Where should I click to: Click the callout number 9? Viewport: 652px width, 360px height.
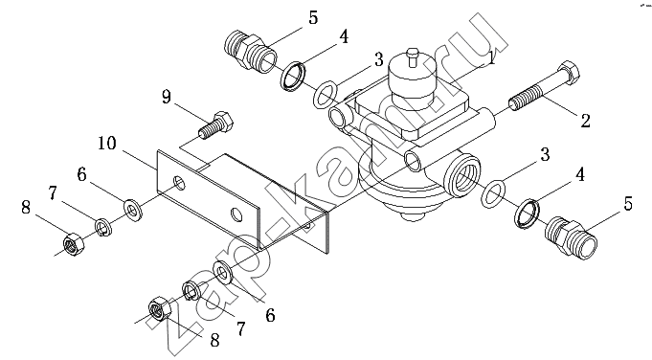coord(166,98)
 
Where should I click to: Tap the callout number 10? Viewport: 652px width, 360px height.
coord(107,144)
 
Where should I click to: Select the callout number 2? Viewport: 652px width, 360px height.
coord(585,121)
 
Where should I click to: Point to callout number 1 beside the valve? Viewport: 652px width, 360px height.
coord(492,58)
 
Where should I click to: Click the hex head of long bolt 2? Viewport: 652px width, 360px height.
coord(567,71)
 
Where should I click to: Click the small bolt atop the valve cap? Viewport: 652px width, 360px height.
coord(412,56)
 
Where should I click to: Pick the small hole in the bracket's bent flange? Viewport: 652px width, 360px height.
coord(307,226)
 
